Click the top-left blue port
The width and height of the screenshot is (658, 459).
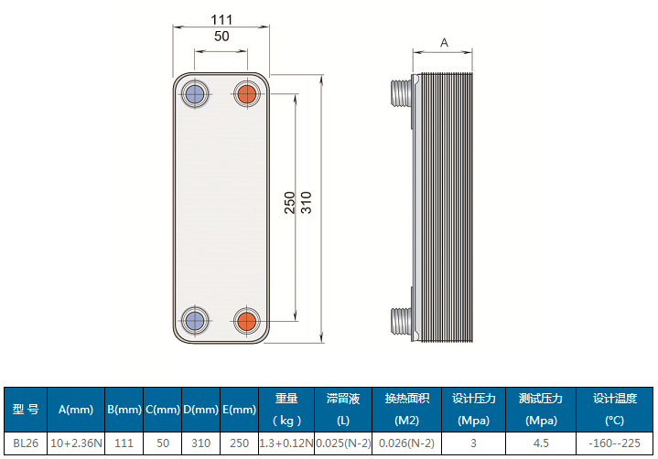194,93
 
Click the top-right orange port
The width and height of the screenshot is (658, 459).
246,93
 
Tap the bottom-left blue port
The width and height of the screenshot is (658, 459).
194,321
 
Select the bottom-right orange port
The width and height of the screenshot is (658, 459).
246,321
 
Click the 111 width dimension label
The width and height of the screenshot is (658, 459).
221,19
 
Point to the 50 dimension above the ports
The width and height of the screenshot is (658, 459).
221,37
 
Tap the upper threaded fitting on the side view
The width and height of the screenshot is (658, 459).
400,91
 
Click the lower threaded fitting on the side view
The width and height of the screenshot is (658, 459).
400,319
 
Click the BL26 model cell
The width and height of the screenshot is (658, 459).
25,443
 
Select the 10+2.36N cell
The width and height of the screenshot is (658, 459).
76,443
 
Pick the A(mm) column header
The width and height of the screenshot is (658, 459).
76,410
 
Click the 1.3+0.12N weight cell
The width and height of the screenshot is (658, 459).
286,443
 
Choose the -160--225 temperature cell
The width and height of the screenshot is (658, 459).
614,443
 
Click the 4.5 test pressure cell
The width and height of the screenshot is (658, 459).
540,443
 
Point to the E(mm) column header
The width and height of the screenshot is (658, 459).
239,410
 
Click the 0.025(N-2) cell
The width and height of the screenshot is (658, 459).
343,443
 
